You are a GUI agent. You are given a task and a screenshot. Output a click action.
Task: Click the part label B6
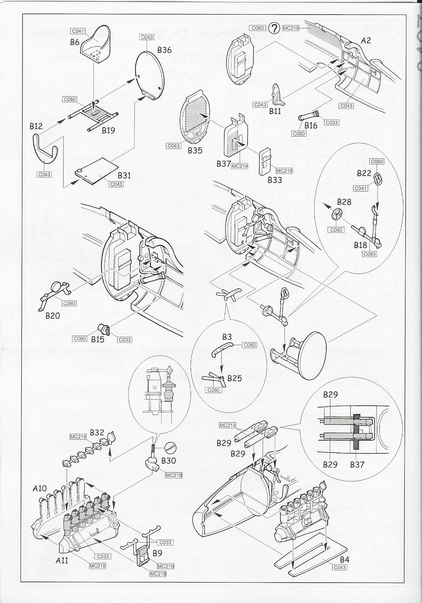[75, 42]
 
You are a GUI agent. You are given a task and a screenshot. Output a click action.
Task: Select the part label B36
[164, 50]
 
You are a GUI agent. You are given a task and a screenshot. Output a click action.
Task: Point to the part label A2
[366, 41]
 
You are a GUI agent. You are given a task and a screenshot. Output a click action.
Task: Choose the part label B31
[124, 175]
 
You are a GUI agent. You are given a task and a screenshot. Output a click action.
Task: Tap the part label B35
[195, 150]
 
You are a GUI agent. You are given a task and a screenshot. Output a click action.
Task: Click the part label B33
[275, 180]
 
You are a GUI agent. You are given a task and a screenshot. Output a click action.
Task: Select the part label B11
[275, 111]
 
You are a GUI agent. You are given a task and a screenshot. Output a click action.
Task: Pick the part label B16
[311, 126]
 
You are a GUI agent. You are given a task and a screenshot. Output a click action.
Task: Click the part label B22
[364, 173]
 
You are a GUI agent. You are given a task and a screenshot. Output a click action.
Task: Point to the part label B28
[344, 202]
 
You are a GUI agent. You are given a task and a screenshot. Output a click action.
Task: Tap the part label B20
[53, 315]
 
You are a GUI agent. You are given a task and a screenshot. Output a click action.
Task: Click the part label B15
[97, 339]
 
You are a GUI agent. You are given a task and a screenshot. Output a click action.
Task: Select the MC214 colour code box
[226, 425]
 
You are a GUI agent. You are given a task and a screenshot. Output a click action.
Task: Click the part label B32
[97, 433]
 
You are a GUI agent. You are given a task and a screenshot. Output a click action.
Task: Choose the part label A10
[40, 488]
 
